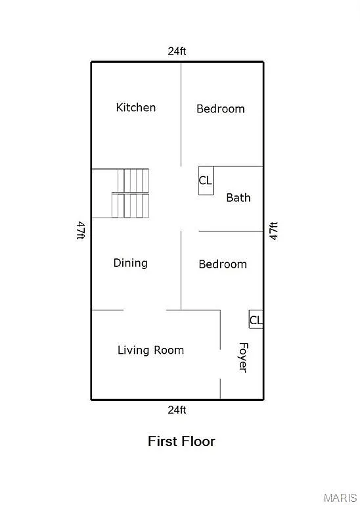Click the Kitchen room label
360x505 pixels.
[136, 107]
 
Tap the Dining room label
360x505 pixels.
[130, 263]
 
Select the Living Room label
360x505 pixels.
[150, 350]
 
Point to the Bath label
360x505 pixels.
[238, 197]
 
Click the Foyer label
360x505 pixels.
[242, 358]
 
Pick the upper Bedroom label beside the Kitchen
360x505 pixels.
[221, 108]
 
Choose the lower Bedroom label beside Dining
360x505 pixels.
[223, 264]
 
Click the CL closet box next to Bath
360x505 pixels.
[206, 180]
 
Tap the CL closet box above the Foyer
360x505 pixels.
[256, 320]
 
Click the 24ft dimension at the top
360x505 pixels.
[177, 51]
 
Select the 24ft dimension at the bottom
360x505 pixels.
[177, 410]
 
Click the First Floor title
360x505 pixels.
[181, 441]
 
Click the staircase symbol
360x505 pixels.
[130, 193]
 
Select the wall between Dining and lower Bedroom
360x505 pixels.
[181, 270]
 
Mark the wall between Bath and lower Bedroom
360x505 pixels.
[230, 231]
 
